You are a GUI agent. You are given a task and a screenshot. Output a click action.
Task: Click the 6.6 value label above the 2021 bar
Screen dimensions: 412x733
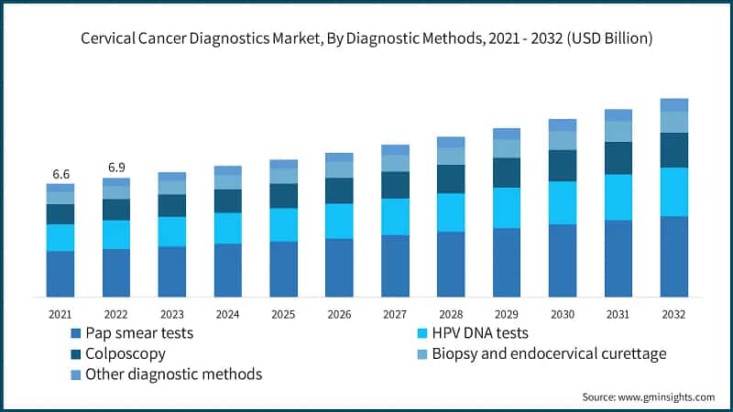pos(60,174)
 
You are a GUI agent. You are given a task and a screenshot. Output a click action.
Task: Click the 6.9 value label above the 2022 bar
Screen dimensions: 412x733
pos(116,168)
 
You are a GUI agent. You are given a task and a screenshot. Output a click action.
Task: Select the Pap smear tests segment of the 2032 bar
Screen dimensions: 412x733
pos(674,256)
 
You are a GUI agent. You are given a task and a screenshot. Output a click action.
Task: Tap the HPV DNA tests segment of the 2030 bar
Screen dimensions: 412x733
pos(563,202)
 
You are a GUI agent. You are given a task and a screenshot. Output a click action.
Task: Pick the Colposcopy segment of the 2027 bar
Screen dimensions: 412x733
pos(395,185)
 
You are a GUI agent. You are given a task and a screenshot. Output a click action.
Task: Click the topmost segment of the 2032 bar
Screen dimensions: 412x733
pos(674,104)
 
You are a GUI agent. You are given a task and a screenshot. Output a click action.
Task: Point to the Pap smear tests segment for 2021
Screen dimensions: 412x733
pos(60,274)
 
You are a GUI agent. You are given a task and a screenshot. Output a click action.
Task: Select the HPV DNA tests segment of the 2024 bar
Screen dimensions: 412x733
pos(228,228)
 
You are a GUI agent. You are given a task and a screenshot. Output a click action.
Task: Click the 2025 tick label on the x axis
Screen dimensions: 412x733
pos(283,313)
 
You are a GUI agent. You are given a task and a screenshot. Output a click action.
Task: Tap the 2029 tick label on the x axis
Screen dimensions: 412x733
pos(507,313)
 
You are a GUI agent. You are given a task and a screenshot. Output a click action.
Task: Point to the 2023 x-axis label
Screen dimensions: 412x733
pos(171,313)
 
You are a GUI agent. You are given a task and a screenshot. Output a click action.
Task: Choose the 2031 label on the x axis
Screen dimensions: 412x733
pos(618,313)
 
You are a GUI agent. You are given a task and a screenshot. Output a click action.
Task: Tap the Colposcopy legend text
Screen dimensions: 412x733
pos(126,353)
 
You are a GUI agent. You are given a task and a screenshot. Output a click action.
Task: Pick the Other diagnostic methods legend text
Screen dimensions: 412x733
pos(173,374)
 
